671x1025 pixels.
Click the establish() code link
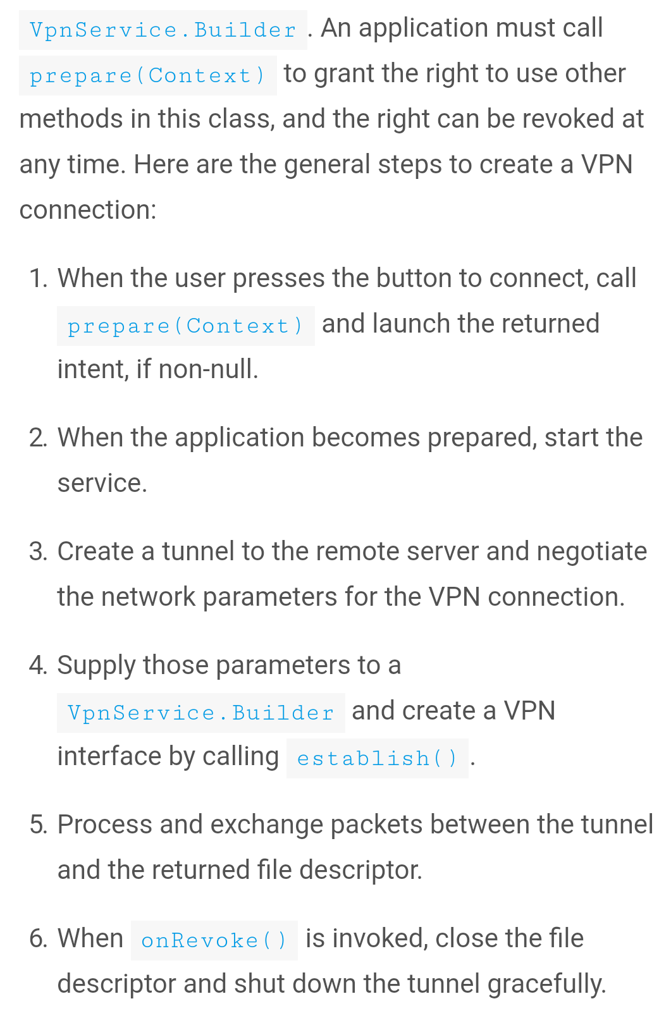377,758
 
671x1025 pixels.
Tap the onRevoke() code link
214,940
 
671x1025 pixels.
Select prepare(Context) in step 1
185,326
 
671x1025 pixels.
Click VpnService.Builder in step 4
200,713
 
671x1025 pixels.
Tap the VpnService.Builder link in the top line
163,30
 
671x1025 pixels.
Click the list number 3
39,551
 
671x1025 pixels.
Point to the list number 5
39,825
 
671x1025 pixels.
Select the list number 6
39,938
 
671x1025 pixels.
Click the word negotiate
591,551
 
